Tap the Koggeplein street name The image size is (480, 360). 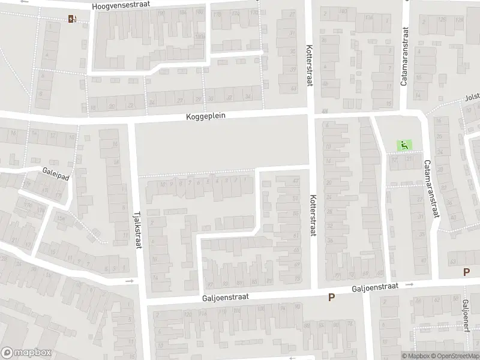pyautogui.click(x=205, y=116)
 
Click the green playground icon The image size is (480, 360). pyautogui.click(x=404, y=145)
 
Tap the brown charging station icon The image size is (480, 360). pyautogui.click(x=73, y=18)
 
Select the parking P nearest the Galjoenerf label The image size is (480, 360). pyautogui.click(x=466, y=272)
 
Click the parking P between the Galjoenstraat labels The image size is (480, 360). pyautogui.click(x=331, y=297)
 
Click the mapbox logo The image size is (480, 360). pyautogui.click(x=26, y=353)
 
